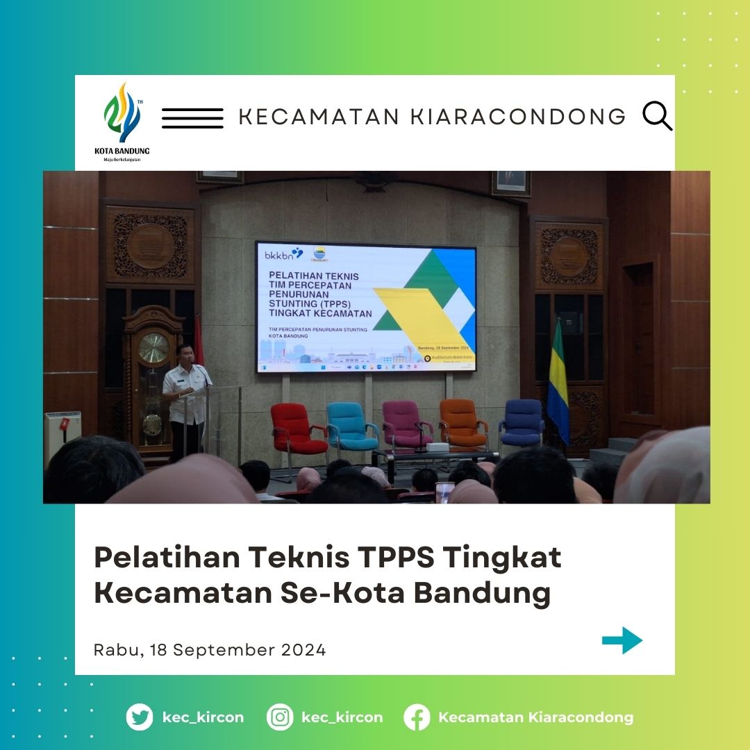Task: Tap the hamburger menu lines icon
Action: point(192,118)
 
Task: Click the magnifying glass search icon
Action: point(656,116)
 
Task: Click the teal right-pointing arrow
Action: point(622,640)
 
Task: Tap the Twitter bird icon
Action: point(140,717)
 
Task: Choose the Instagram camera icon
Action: point(280,717)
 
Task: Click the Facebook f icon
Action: point(417,717)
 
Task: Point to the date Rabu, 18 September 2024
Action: point(210,650)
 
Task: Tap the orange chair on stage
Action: point(461,422)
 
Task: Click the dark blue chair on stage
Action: point(521,422)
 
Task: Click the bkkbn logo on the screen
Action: point(284,254)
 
